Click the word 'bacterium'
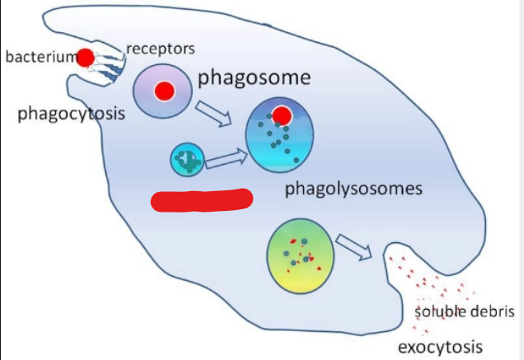(41, 57)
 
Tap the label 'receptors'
(161, 49)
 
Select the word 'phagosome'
(255, 78)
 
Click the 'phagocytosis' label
(71, 114)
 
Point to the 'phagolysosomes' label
(353, 189)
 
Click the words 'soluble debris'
(465, 311)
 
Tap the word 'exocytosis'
(440, 348)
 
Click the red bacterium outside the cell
(86, 58)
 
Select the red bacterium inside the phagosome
(165, 91)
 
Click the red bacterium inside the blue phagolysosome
(282, 115)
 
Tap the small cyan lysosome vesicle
(187, 160)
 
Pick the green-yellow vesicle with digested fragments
(301, 256)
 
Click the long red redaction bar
(202, 200)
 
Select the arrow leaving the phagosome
(214, 114)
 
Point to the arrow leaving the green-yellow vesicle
(354, 247)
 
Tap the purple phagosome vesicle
(163, 91)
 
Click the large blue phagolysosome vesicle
(279, 135)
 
